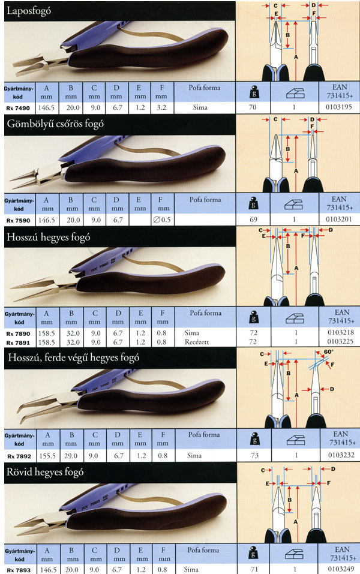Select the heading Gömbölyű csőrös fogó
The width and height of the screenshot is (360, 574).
[55, 125]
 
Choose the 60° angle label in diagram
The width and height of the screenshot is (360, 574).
[329, 354]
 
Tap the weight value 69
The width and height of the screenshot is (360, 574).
[254, 220]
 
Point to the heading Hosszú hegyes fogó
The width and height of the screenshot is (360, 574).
[48, 238]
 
